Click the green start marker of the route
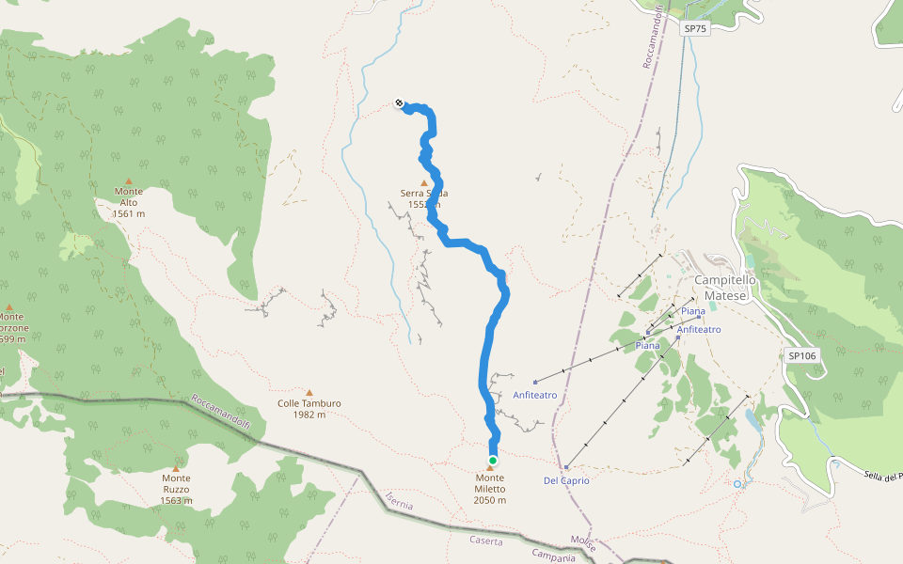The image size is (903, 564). [x=492, y=460]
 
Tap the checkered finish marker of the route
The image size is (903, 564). [x=399, y=103]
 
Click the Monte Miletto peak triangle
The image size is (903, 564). [x=489, y=468]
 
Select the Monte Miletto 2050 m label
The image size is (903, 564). [x=490, y=489]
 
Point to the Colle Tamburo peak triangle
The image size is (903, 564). [x=309, y=393]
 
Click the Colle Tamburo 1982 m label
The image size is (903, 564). [x=309, y=409]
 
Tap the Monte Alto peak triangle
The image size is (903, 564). [x=129, y=181]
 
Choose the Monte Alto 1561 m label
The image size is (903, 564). [x=129, y=202]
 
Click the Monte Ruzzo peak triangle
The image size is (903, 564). [x=176, y=467]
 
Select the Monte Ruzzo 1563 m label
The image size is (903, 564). [x=176, y=489]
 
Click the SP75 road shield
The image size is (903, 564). [x=694, y=29]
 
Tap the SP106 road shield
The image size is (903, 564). [x=801, y=355]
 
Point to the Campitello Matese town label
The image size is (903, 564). [x=721, y=288]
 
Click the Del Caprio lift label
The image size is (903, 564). [x=566, y=480]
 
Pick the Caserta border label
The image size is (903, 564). [x=487, y=540]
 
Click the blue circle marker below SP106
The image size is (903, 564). [x=737, y=484]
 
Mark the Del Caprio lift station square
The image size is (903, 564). [x=566, y=467]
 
